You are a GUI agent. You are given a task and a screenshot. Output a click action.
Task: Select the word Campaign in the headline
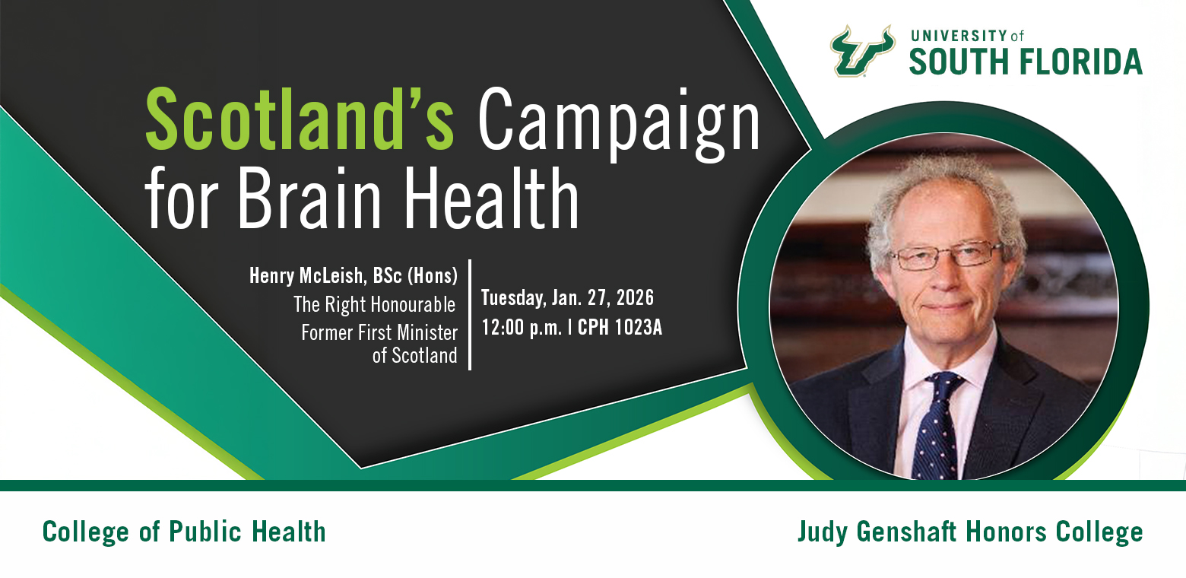(x=620, y=122)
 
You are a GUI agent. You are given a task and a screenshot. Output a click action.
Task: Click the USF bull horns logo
(x=861, y=51)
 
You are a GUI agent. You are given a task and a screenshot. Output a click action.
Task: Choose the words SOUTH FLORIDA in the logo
(x=1026, y=61)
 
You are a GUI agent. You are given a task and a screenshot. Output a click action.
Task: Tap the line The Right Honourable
(x=375, y=305)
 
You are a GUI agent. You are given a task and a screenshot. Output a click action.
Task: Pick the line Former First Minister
(x=379, y=333)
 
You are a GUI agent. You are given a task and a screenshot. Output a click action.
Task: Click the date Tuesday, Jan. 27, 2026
(x=567, y=297)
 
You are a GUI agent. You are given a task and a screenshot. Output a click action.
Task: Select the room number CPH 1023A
(x=620, y=328)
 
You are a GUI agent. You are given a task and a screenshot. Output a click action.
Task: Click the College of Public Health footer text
(x=184, y=532)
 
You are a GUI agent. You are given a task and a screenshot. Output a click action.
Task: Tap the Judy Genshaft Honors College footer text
(x=970, y=532)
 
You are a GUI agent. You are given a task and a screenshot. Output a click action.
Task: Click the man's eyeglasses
(x=947, y=254)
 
